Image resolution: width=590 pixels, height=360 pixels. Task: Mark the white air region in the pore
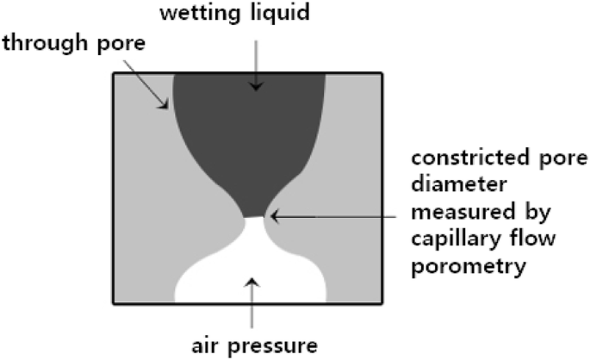coord(250,267)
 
